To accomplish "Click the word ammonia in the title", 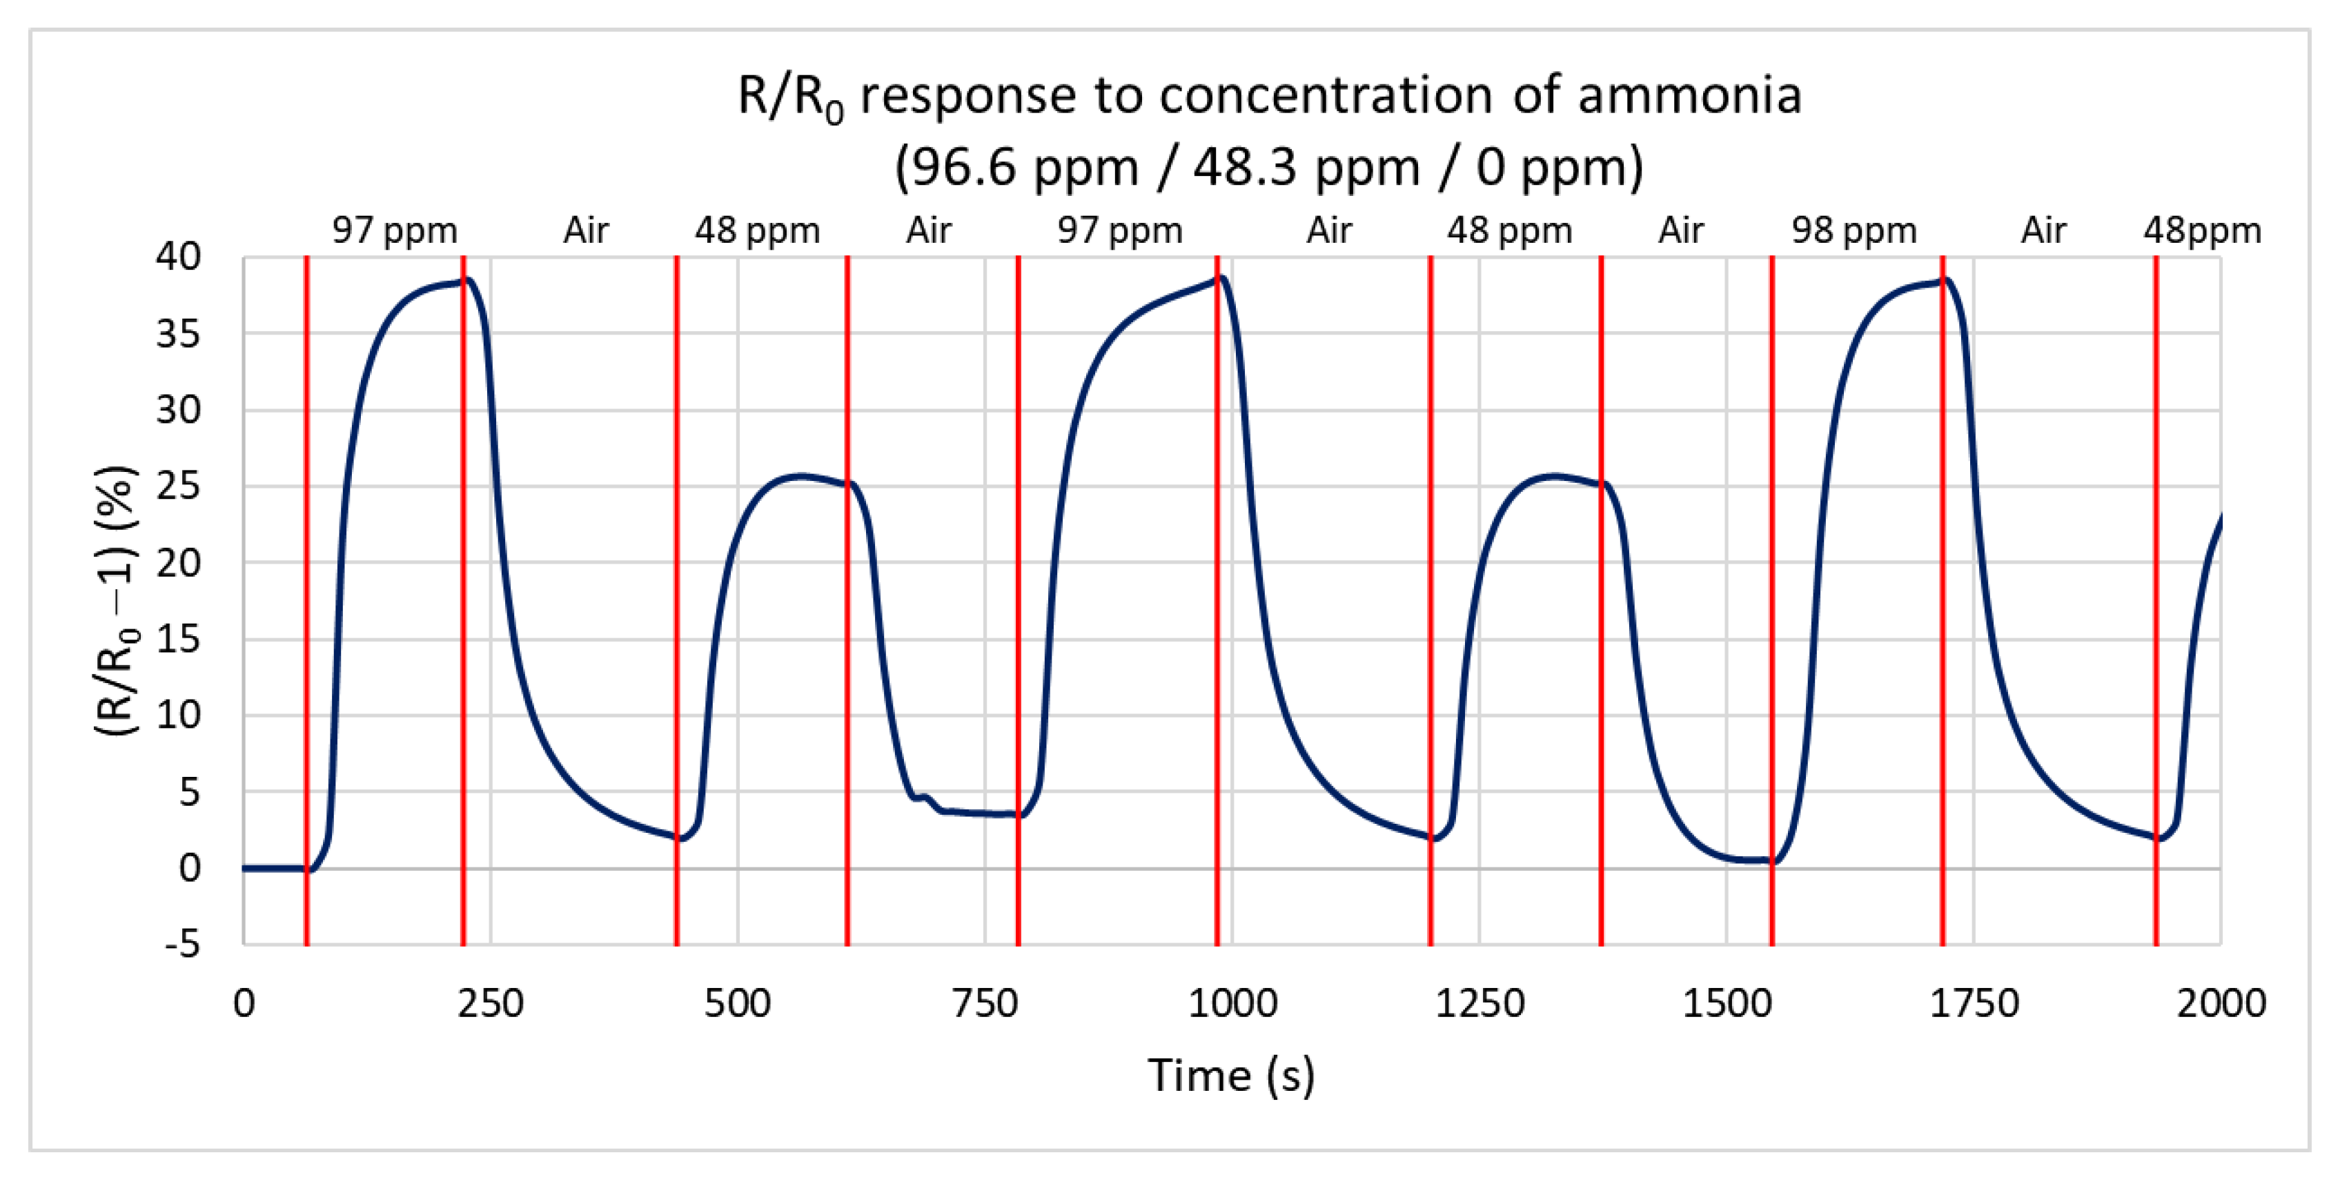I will point(1689,95).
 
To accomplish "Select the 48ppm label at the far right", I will point(2202,230).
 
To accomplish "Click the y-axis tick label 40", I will point(178,257).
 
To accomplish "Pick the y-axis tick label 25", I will point(178,486).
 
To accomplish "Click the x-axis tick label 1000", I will point(1232,1004).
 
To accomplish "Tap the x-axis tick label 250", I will point(491,1004).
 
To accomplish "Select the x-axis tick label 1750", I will point(1974,1004).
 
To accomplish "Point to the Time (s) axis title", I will point(1231,1076).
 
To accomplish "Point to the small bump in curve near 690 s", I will point(924,796).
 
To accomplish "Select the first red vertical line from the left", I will point(307,600).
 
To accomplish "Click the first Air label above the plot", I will point(585,230).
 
